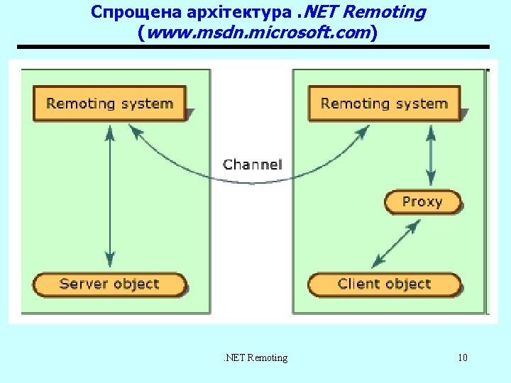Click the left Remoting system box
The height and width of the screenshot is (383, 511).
[x=109, y=104]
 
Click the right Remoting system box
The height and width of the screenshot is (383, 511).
[x=384, y=104]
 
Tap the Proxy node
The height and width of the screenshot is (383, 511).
[x=422, y=202]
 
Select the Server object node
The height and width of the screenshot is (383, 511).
[x=109, y=284]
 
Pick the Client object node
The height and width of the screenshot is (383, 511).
[x=384, y=284]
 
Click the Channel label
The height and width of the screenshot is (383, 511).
[x=252, y=165]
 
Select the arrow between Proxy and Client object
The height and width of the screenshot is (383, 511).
[x=396, y=243]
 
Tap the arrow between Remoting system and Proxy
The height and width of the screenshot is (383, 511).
[x=429, y=157]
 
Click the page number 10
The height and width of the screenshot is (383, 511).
[x=463, y=357]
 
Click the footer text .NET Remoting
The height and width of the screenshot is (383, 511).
[x=255, y=357]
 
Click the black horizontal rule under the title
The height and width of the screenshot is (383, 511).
[x=253, y=48]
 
